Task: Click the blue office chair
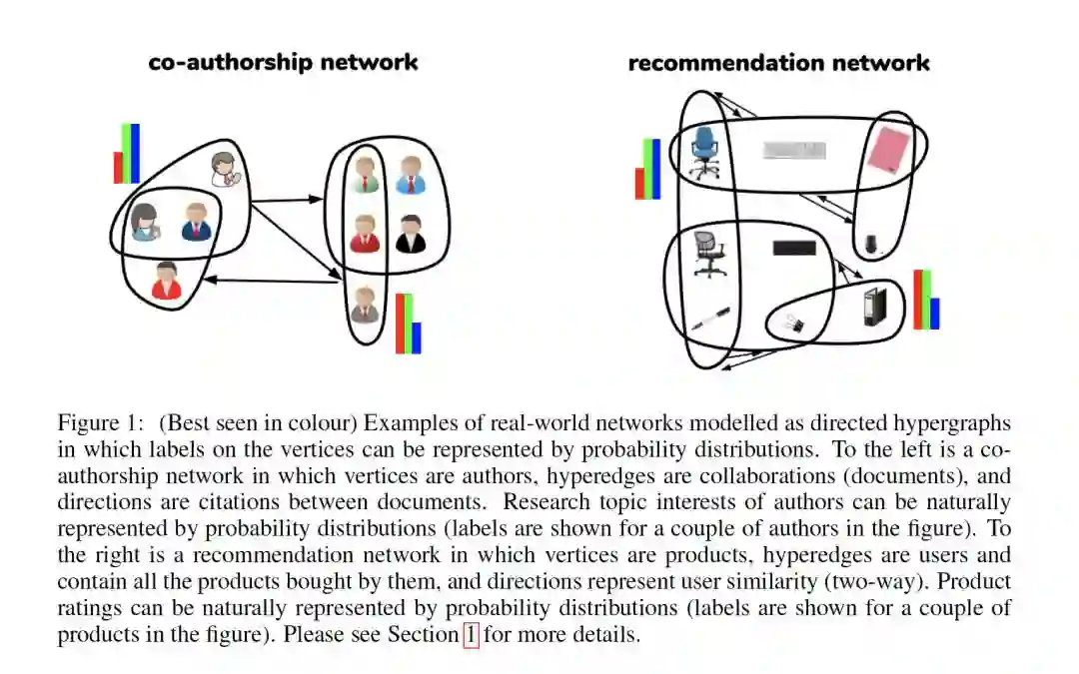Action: [704, 152]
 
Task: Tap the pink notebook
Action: [886, 150]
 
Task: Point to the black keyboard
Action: [793, 248]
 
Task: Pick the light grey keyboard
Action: [794, 151]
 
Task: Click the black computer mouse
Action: [870, 243]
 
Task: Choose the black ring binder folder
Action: [875, 307]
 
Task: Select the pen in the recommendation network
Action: [709, 320]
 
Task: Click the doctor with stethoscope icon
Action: [227, 169]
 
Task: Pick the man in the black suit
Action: [410, 235]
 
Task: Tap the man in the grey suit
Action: [365, 305]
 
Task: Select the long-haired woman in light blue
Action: [146, 222]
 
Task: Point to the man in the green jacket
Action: [366, 175]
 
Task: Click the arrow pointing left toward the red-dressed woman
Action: [270, 282]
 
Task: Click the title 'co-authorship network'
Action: [283, 62]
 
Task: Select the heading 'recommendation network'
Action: [778, 63]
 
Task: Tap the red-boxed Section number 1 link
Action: [471, 634]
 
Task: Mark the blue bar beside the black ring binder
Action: [935, 314]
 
